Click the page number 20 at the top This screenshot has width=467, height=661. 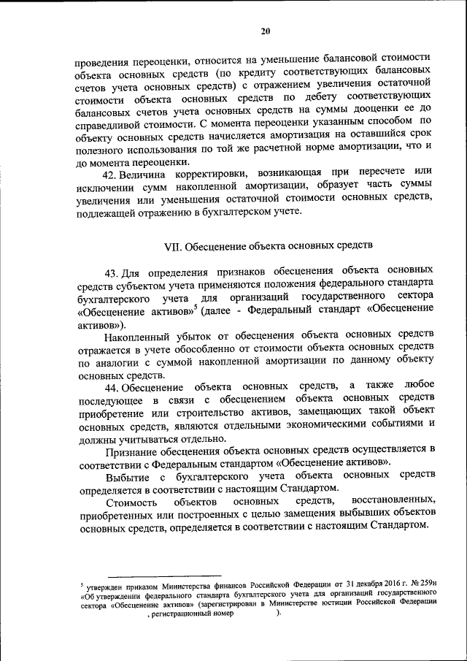265,30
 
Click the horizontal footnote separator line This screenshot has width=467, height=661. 165,576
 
